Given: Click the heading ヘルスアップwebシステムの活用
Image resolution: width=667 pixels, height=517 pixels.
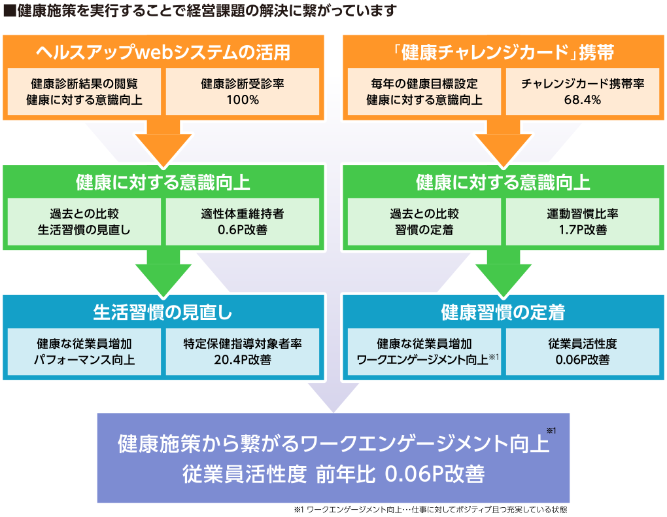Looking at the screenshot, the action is pyautogui.click(x=163, y=52).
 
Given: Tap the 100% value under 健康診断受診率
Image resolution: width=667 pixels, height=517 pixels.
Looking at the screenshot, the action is pyautogui.click(x=243, y=99).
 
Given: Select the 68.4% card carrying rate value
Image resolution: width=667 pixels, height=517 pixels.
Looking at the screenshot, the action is pyautogui.click(x=583, y=99).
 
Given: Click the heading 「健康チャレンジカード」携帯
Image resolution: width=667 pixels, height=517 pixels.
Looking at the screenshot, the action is pyautogui.click(x=504, y=52).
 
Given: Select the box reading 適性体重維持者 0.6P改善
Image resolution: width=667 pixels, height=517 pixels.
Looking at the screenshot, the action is pyautogui.click(x=243, y=221).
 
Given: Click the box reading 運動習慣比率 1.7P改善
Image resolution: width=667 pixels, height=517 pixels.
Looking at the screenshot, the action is pyautogui.click(x=583, y=221).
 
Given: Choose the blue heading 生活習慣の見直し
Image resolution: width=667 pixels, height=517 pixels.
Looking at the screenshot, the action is pyautogui.click(x=163, y=312).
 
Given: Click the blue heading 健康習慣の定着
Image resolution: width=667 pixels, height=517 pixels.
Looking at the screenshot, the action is pyautogui.click(x=504, y=312).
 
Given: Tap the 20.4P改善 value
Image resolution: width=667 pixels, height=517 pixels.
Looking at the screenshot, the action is pyautogui.click(x=243, y=360).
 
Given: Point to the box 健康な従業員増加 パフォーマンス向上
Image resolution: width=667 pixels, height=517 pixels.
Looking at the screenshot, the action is pyautogui.click(x=84, y=352).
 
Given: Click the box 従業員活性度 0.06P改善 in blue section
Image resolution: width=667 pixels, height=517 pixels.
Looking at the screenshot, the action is pyautogui.click(x=583, y=352).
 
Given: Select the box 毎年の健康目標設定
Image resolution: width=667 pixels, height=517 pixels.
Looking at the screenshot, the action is pyautogui.click(x=424, y=92).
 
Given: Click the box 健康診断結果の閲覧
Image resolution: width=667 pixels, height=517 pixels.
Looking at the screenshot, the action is pyautogui.click(x=84, y=92).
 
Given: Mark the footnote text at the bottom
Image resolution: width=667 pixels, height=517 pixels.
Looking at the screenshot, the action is pyautogui.click(x=430, y=510).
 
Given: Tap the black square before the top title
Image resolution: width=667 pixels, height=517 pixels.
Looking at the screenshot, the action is pyautogui.click(x=9, y=10).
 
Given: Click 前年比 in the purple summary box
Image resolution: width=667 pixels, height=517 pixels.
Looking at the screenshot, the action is pyautogui.click(x=345, y=474).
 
